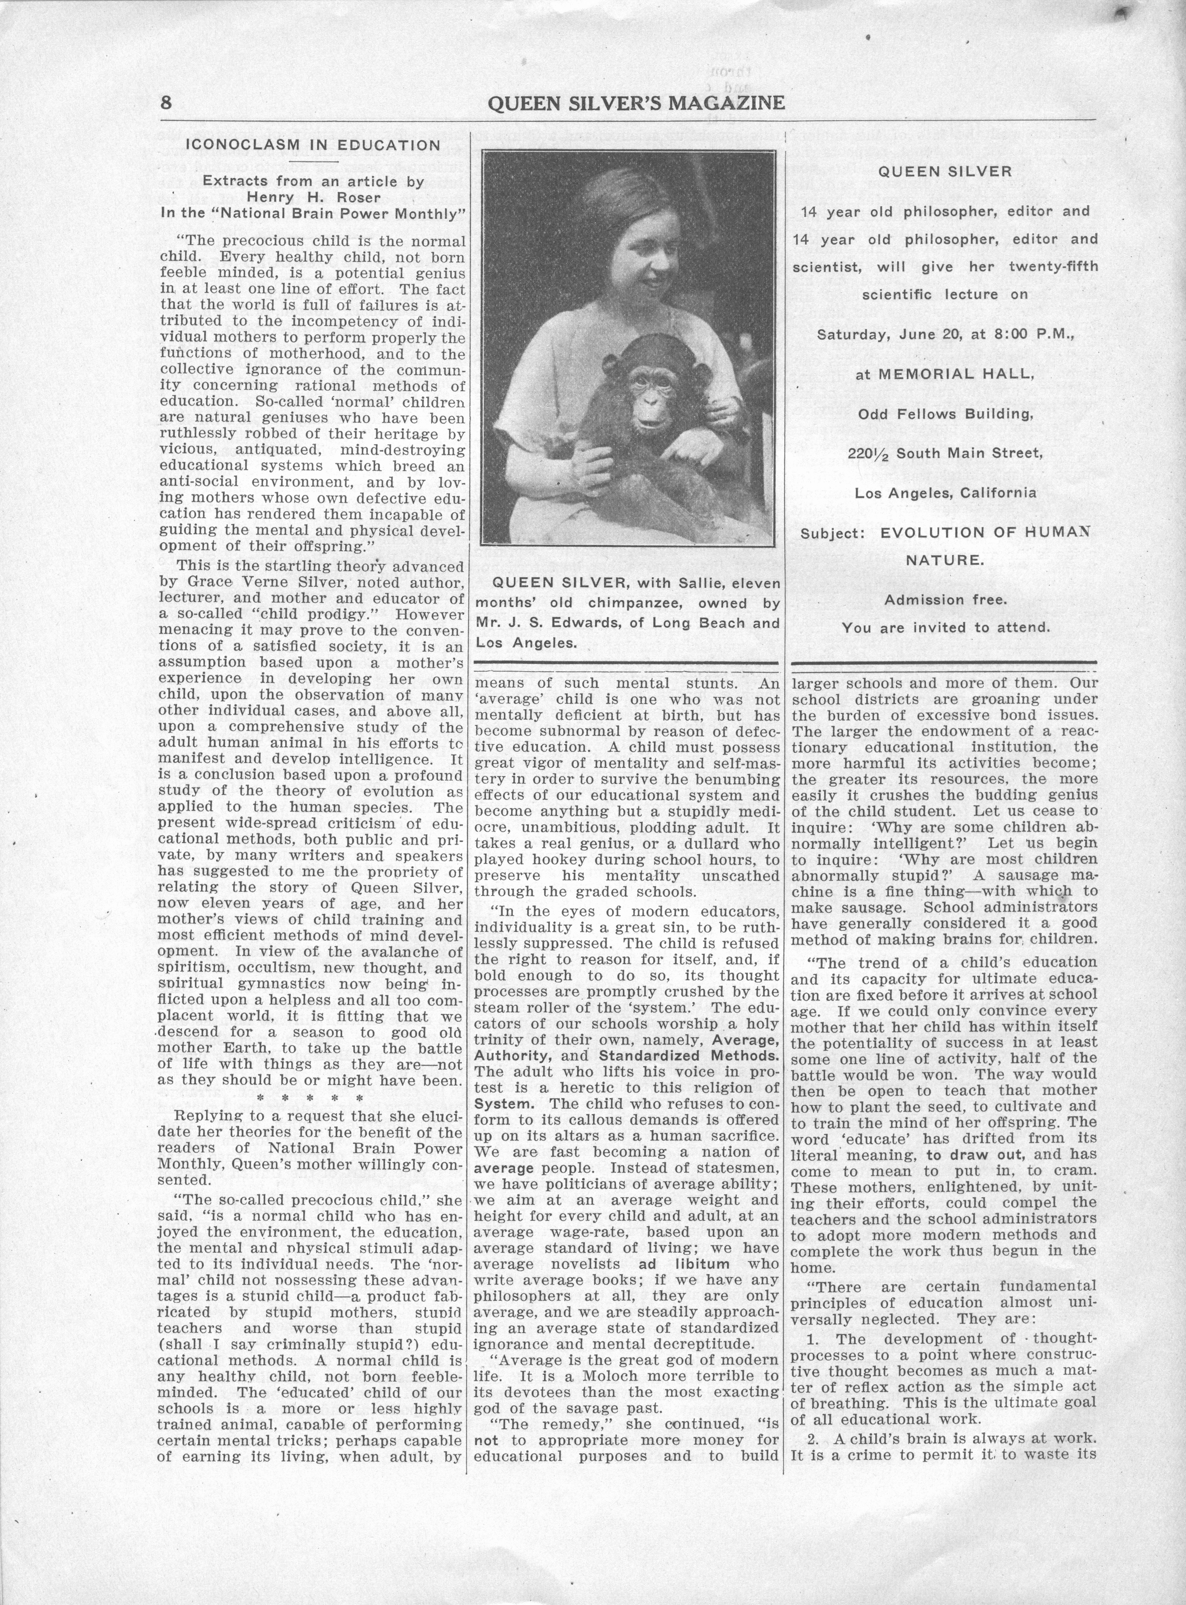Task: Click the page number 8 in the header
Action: click(166, 103)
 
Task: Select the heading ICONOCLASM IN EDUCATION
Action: click(313, 145)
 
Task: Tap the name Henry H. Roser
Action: click(313, 197)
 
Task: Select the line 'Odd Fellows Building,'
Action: click(945, 414)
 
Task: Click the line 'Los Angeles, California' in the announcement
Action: click(945, 493)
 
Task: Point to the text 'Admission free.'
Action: click(945, 599)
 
